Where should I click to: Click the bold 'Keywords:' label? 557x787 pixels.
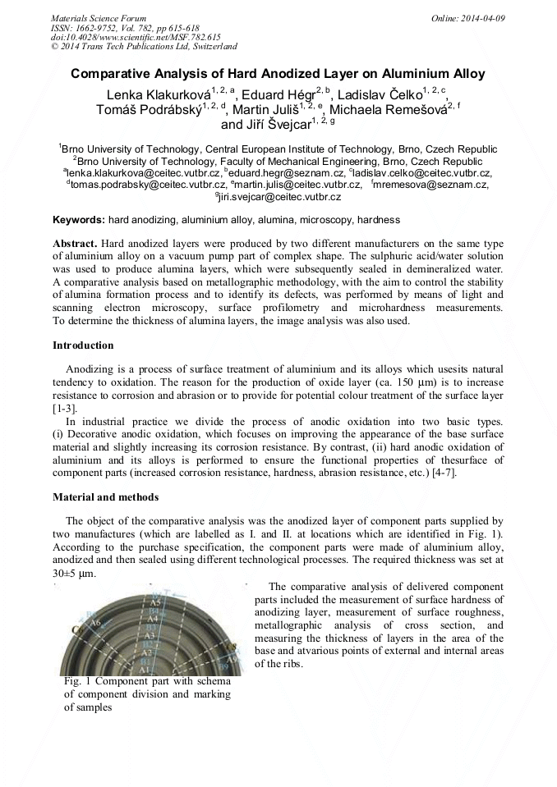tap(79, 220)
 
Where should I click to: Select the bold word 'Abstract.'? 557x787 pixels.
tap(76, 245)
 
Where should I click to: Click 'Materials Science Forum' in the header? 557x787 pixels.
tap(99, 17)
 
